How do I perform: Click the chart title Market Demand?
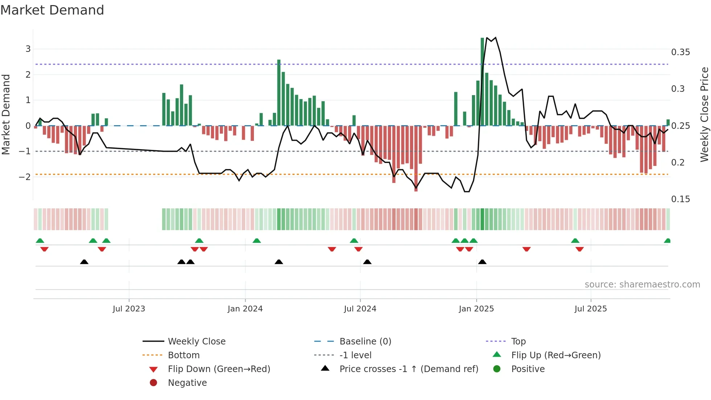tap(52, 10)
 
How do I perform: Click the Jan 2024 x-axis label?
tap(245, 309)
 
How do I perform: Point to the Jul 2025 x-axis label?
tap(591, 309)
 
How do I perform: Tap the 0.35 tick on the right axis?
tap(680, 52)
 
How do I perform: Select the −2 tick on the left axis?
tap(25, 177)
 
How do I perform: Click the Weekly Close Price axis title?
tap(704, 114)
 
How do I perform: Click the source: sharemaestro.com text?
tap(642, 285)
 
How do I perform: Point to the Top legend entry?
tap(518, 342)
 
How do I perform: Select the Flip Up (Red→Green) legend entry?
tap(556, 355)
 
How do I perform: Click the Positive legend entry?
tap(528, 369)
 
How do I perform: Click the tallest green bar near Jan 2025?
tap(482, 82)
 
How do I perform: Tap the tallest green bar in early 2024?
tap(279, 93)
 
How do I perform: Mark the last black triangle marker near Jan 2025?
tap(482, 262)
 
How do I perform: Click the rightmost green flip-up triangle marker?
tap(667, 241)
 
